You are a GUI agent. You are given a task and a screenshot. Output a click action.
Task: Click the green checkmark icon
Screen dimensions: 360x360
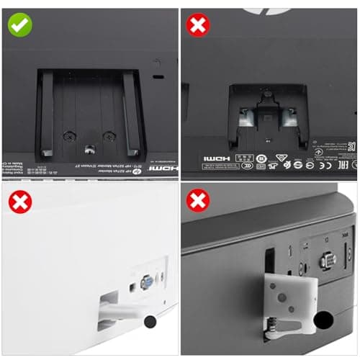[20, 25]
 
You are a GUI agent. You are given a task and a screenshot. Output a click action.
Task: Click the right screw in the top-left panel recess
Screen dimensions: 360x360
[109, 135]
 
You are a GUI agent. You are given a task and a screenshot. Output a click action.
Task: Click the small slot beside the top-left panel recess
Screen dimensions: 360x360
[158, 77]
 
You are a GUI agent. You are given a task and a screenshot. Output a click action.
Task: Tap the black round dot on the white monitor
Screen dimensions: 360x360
[152, 322]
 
